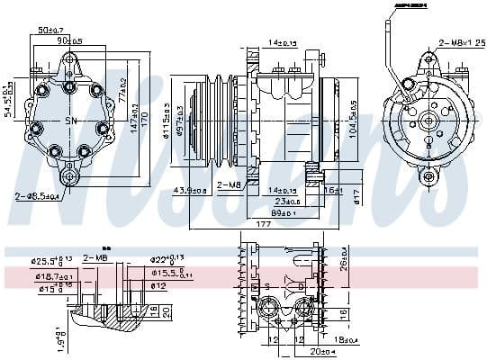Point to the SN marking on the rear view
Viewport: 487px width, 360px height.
pyautogui.click(x=71, y=121)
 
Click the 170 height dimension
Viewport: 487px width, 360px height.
pyautogui.click(x=143, y=117)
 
